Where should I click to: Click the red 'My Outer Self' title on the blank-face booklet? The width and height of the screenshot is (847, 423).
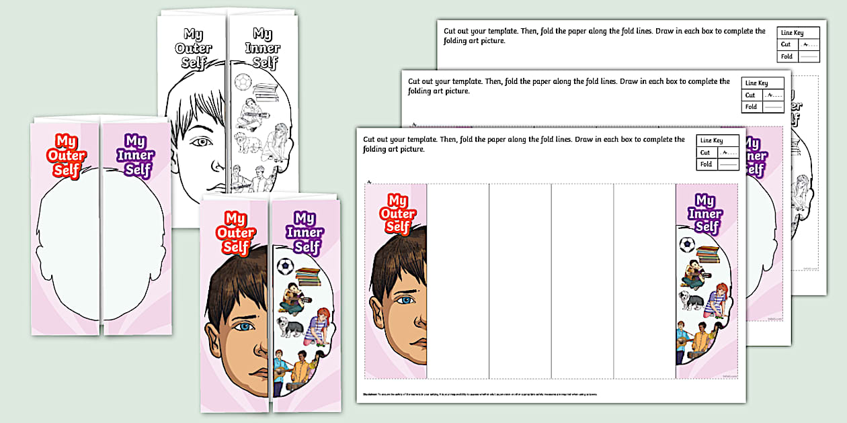67,155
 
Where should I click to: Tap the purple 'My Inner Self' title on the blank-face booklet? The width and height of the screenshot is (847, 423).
135,155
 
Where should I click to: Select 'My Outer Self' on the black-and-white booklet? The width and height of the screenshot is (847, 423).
194,48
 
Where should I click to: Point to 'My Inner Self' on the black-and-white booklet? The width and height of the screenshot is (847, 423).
262,48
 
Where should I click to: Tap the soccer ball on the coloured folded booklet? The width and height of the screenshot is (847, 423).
284,267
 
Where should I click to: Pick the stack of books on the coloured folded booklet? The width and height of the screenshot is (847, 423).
308,276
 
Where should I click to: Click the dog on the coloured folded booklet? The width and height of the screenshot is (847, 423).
290,328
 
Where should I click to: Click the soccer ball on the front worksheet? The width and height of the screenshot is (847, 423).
686,244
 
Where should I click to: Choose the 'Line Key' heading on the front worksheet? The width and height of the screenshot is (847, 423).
711,140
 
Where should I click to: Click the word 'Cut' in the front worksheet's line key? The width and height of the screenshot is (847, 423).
705,152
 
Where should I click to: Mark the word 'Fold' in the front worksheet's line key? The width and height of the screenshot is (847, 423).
706,164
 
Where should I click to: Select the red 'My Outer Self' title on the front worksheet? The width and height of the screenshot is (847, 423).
397,214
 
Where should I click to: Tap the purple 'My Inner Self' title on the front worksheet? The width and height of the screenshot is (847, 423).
706,214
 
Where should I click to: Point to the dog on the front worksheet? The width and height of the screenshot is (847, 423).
691,300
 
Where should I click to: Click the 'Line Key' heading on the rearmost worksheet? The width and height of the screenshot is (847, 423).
791,32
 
